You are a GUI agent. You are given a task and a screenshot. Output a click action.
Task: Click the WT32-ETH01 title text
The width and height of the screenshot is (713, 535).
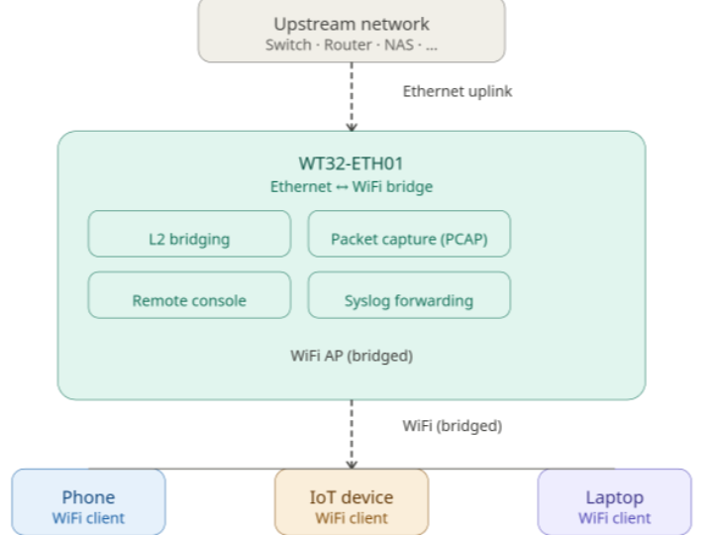click(352, 164)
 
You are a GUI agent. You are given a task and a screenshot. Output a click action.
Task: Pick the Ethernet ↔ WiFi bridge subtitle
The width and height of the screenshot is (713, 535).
click(352, 185)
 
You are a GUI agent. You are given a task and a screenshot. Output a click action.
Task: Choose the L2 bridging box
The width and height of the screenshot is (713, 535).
click(190, 238)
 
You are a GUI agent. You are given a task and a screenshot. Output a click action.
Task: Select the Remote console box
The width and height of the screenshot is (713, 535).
click(190, 299)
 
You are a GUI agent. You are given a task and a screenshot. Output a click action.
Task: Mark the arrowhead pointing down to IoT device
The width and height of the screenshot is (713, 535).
click(352, 462)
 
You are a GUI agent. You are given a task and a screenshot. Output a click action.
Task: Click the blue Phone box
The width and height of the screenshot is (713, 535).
click(89, 503)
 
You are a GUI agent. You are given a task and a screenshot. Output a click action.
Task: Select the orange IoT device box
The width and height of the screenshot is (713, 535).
click(352, 503)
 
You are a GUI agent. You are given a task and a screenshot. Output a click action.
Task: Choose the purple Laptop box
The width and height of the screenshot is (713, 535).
click(614, 503)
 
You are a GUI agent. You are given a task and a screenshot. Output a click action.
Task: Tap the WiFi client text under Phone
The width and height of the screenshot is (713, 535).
click(89, 517)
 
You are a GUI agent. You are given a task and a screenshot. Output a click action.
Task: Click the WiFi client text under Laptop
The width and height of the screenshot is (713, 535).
click(614, 517)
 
